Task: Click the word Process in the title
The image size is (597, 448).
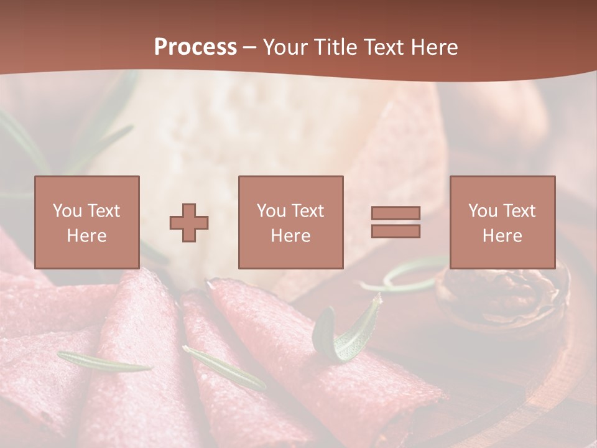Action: (x=195, y=47)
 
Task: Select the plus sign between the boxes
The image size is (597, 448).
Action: (x=189, y=222)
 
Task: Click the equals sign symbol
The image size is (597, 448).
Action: (x=396, y=222)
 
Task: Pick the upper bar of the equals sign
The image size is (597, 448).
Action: (x=396, y=213)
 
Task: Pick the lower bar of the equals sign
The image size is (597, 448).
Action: (x=396, y=231)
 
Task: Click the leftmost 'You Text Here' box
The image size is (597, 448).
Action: (x=86, y=222)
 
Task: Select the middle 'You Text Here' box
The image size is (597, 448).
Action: (x=290, y=222)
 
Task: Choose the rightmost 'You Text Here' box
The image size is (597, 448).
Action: (x=502, y=222)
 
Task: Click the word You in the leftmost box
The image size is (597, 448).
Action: (x=67, y=211)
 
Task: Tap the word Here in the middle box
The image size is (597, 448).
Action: (x=290, y=236)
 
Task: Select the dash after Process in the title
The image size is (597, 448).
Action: (x=249, y=47)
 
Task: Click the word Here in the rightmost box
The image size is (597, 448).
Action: (x=502, y=236)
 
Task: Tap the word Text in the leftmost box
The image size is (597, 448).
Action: (x=103, y=211)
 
